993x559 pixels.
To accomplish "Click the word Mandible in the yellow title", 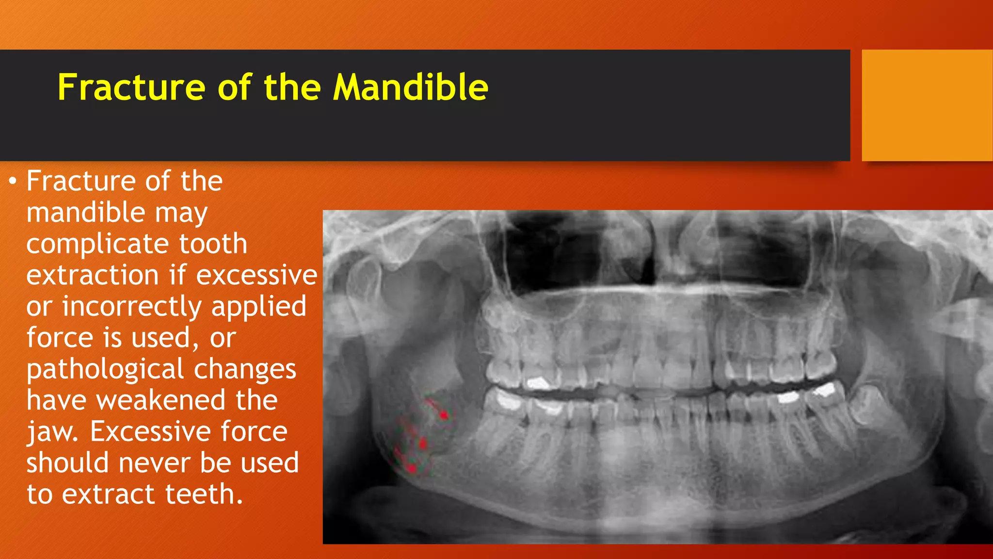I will coord(410,87).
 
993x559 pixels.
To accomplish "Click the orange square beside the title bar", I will coord(927,105).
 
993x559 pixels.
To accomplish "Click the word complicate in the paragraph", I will coord(97,244).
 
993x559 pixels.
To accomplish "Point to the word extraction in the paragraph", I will coord(92,275).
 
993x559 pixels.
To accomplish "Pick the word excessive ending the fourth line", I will coord(256,275).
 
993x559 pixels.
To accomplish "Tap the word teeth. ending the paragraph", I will coord(204,494).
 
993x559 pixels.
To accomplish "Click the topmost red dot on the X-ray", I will coord(444,415).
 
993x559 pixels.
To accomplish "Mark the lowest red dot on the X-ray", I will coord(412,468).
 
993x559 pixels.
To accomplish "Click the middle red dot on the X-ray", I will coord(422,443).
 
